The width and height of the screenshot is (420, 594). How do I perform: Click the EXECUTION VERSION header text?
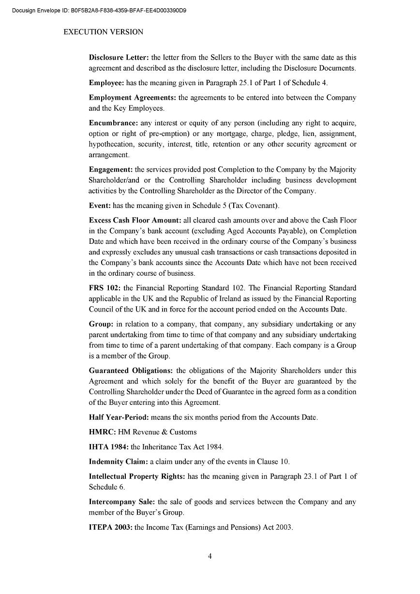(x=104, y=32)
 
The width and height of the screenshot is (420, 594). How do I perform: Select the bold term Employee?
(x=106, y=83)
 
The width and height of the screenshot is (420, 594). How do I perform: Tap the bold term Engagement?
(x=111, y=169)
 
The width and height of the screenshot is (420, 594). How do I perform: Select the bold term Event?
(x=100, y=206)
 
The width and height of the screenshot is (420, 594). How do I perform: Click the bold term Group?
(x=101, y=324)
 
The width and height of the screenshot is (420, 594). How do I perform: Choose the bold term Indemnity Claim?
(x=118, y=461)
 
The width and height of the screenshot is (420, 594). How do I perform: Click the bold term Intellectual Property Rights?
(x=137, y=476)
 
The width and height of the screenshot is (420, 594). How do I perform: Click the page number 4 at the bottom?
(x=210, y=556)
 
